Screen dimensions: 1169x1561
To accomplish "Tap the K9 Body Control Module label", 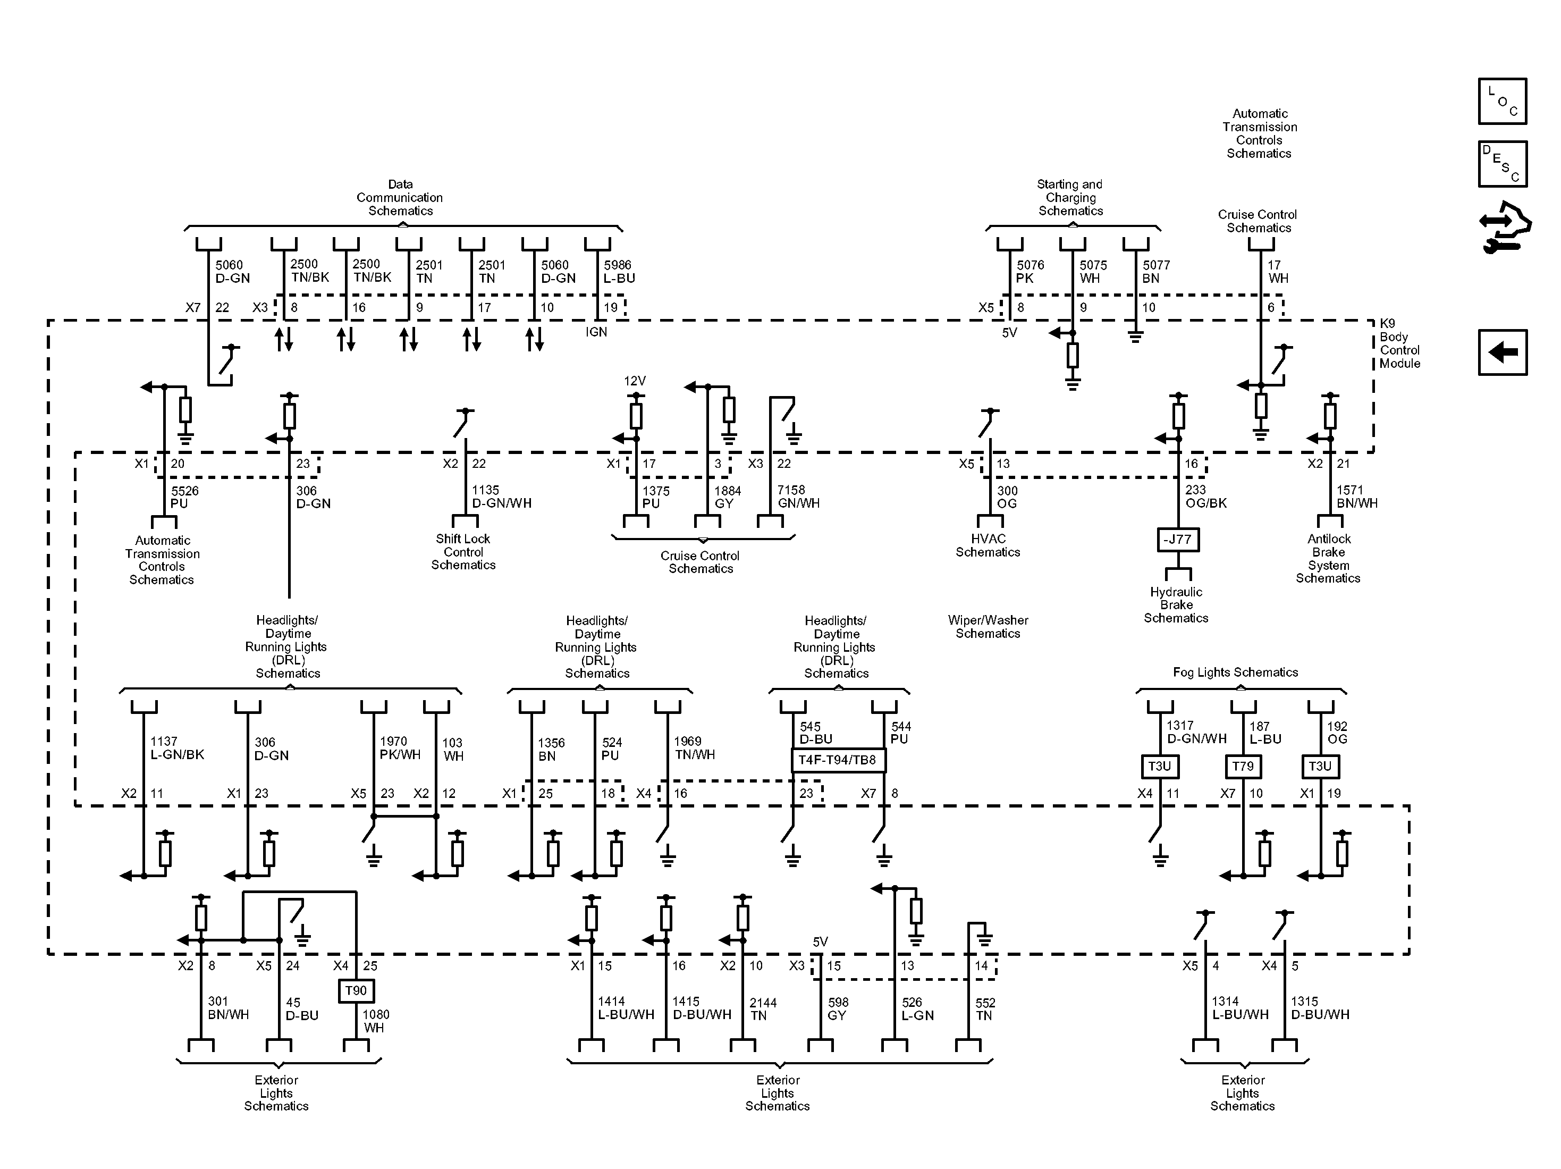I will [x=1399, y=344].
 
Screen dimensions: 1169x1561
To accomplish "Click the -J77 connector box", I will [x=1177, y=540].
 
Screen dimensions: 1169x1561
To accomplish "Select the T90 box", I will [x=356, y=990].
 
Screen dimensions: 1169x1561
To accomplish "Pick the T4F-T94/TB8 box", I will [x=837, y=760].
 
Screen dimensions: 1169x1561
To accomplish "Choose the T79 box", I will [x=1243, y=766].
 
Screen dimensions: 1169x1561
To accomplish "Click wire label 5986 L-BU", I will [x=619, y=272].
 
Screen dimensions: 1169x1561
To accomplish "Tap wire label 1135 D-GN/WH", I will [x=501, y=497].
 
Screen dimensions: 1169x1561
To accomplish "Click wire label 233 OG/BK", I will [x=1205, y=497].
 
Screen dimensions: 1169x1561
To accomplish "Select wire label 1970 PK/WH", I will [x=400, y=747].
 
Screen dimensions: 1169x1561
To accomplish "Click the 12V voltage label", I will [x=635, y=381].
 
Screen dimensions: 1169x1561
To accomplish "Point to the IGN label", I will [x=596, y=332].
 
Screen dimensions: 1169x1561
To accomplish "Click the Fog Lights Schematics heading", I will [x=1235, y=672].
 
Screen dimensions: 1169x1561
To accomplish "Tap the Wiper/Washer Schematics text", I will [x=988, y=627].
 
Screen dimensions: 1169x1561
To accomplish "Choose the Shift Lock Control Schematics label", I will [x=463, y=551].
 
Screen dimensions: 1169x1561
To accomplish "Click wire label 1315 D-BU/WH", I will [x=1320, y=1008].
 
